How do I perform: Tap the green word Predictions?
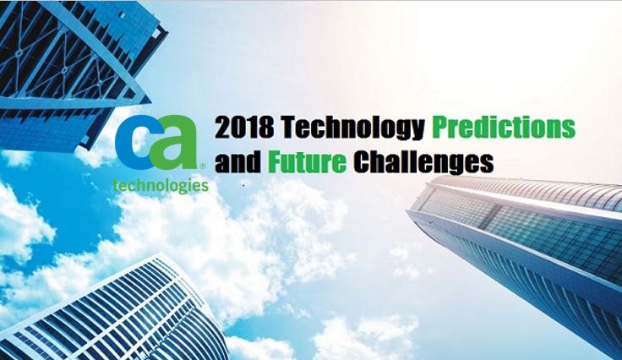(x=504, y=127)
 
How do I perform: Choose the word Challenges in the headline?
(x=423, y=162)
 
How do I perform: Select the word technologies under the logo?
(x=161, y=186)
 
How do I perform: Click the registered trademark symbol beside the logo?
(x=203, y=166)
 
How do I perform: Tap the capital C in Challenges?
(x=363, y=161)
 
